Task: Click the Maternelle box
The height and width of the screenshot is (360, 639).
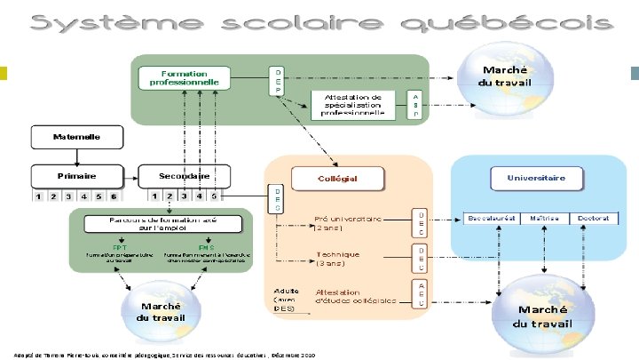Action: pos(77,138)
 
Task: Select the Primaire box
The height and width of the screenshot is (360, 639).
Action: pos(77,175)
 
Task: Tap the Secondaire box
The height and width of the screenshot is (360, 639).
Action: pos(184,175)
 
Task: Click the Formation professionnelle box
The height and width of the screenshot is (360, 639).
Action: pos(185,77)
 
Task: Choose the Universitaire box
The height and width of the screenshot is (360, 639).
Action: pos(536,177)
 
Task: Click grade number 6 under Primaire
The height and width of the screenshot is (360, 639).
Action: pos(113,196)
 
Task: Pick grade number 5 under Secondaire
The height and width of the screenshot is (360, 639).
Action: pos(214,196)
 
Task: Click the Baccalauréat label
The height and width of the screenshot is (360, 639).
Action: pos(492,218)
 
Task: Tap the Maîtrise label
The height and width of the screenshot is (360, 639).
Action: pos(543,218)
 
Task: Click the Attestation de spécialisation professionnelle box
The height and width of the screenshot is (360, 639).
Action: pos(353,104)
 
